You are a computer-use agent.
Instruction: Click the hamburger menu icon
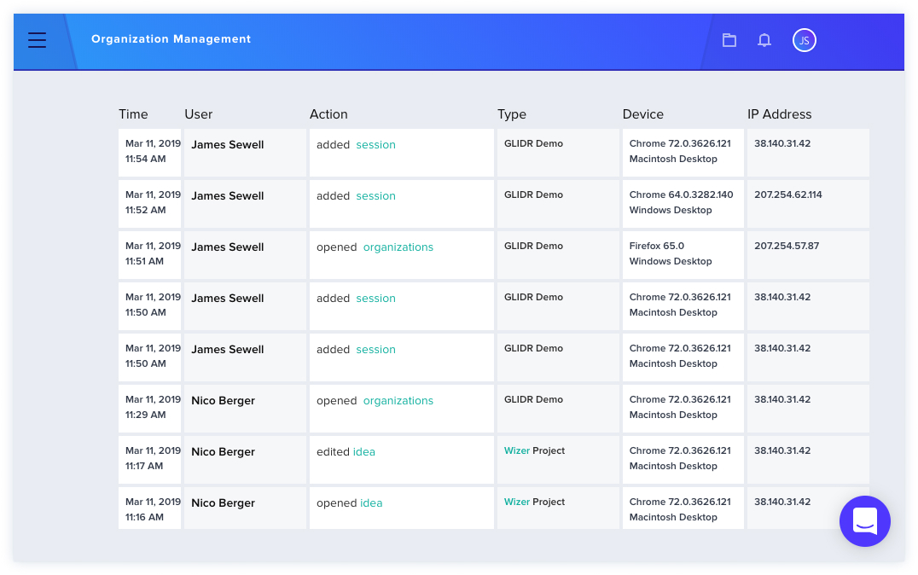[37, 40]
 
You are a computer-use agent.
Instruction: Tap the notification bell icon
[764, 40]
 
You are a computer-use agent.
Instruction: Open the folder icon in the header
[729, 40]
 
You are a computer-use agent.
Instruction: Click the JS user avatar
[805, 40]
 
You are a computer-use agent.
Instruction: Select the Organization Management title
[171, 39]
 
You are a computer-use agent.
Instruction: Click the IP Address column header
[779, 114]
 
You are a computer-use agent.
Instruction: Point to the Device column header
[642, 114]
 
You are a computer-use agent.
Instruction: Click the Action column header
[328, 114]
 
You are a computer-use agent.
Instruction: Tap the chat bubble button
[865, 521]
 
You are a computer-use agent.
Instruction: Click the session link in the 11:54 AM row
[376, 145]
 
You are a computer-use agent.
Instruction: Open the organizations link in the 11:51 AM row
[398, 247]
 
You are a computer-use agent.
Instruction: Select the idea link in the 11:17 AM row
[364, 452]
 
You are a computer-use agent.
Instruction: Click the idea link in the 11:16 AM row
[371, 503]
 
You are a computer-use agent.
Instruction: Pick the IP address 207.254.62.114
[788, 195]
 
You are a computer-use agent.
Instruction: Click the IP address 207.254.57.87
[787, 246]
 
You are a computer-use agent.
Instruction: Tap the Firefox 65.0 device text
[657, 246]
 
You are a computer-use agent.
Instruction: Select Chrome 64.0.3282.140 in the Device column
[682, 195]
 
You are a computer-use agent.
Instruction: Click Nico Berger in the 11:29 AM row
[223, 400]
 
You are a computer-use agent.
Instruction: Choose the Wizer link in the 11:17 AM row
[517, 450]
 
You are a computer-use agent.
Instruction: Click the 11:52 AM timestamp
[146, 210]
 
